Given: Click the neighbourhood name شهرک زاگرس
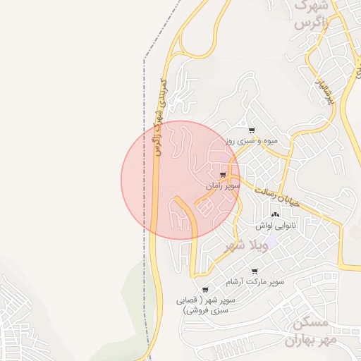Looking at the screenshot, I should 311,14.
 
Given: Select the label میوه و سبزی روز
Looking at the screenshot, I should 252,141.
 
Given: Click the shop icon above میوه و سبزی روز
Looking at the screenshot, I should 252,130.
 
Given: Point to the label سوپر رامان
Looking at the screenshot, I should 224,186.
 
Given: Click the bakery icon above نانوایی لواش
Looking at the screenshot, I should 275,214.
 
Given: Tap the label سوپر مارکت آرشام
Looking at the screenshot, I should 255,282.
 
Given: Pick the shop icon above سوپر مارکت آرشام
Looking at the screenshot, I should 255,271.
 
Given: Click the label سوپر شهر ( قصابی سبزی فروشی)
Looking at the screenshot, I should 206,305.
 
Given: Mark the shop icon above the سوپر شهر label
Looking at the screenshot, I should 205,290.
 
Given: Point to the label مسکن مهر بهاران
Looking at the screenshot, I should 310,331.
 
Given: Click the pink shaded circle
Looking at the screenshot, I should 180,180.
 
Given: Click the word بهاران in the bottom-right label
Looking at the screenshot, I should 302,341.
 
